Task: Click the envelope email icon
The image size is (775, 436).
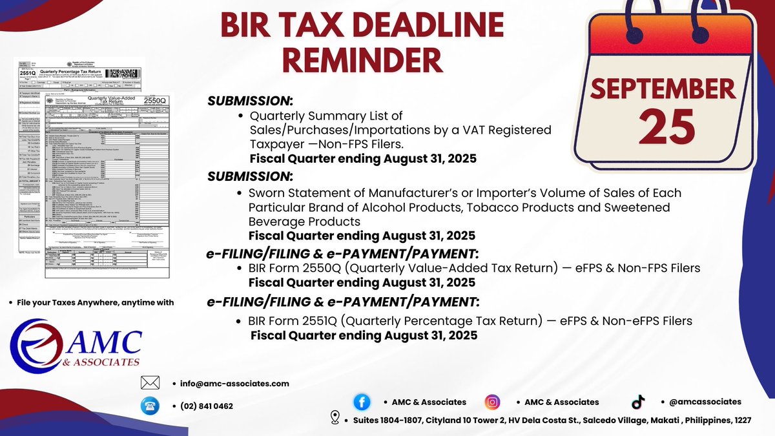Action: (x=150, y=383)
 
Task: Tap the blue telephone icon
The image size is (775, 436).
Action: (x=150, y=406)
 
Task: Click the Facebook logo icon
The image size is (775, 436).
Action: (x=362, y=402)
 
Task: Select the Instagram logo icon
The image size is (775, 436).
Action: (x=492, y=402)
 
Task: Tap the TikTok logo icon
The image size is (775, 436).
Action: (x=638, y=402)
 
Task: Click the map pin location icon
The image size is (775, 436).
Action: (x=335, y=417)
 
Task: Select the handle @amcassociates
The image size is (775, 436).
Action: (x=705, y=402)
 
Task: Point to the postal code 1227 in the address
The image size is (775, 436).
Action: (x=740, y=420)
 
